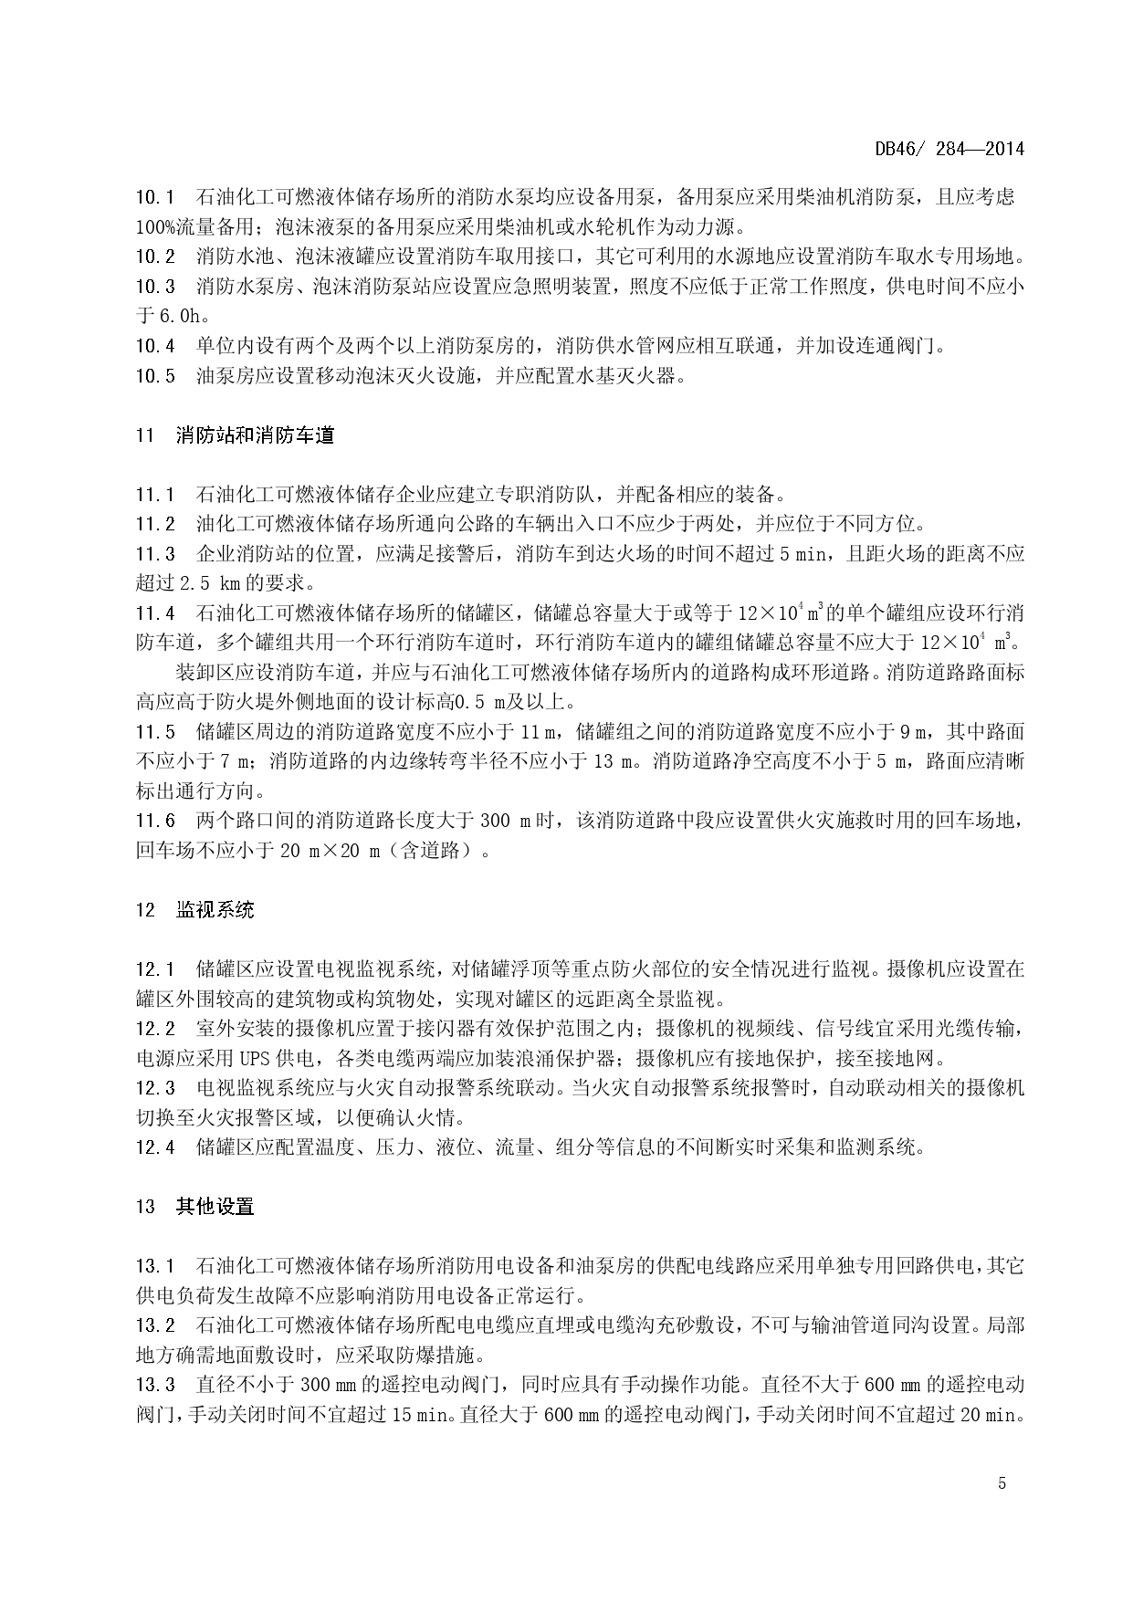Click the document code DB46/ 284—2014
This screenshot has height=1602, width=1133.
click(949, 149)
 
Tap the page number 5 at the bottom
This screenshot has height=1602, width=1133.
click(1002, 1483)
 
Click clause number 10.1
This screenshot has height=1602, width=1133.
click(155, 197)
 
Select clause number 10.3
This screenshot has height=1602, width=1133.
click(155, 287)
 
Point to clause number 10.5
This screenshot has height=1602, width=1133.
click(155, 375)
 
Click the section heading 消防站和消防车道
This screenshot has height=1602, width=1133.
click(255, 435)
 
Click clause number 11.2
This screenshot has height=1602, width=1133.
click(155, 524)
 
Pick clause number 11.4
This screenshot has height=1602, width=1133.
click(155, 613)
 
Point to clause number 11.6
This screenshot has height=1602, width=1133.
click(155, 821)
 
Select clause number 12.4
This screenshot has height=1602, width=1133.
click(155, 1147)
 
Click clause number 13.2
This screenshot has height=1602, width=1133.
click(155, 1325)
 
